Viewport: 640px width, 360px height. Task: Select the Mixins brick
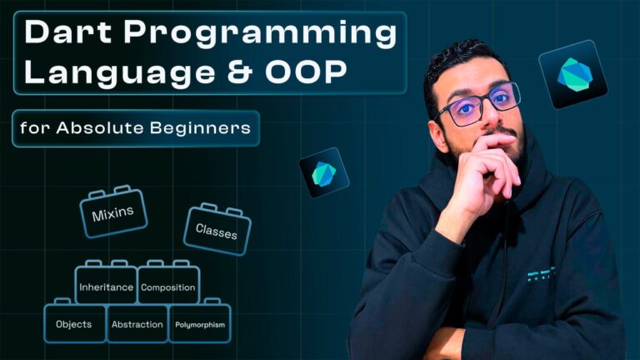click(113, 212)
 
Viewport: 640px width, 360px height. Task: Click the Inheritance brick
click(106, 287)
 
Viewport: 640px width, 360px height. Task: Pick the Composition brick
click(168, 287)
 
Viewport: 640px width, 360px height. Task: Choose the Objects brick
click(74, 324)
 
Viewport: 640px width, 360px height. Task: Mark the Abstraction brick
click(137, 324)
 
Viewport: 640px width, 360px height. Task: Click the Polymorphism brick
click(200, 324)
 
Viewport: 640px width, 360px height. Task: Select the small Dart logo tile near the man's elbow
click(324, 172)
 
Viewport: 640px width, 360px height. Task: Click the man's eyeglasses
click(478, 104)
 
